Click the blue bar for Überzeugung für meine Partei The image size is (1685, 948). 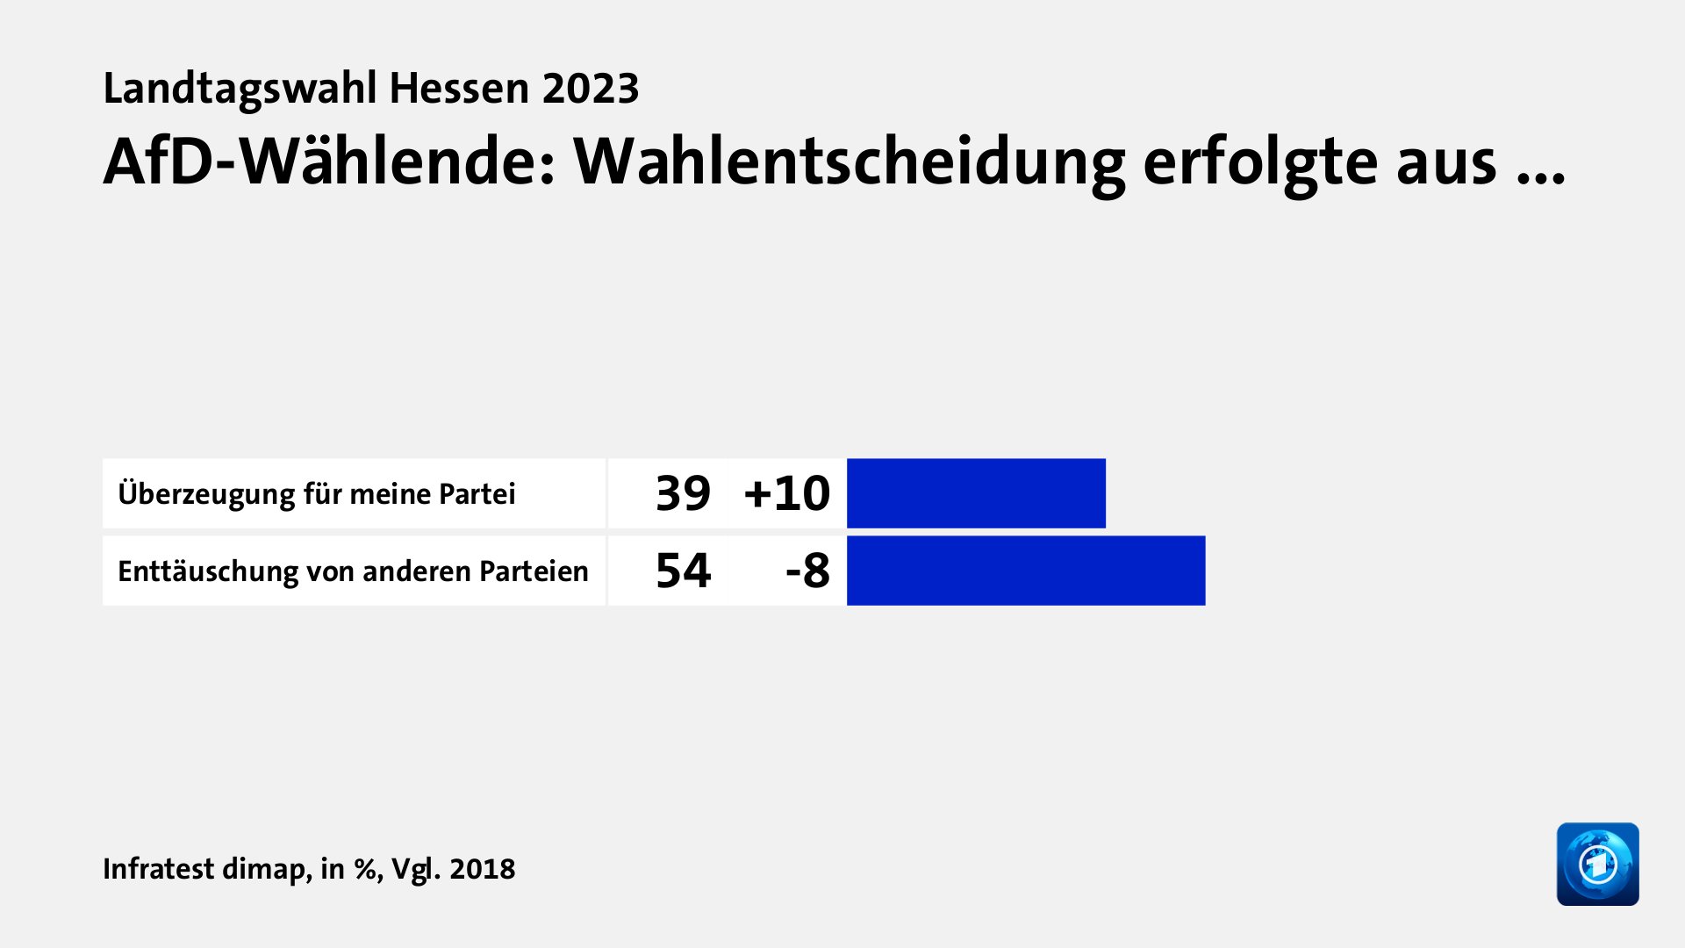976,493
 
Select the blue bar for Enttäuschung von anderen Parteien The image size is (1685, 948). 1026,571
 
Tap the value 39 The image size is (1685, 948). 683,493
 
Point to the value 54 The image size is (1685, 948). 683,571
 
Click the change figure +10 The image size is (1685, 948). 786,493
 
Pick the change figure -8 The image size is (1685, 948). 807,571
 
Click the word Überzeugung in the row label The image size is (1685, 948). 206,494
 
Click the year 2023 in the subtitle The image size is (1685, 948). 591,89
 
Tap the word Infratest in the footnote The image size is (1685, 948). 158,869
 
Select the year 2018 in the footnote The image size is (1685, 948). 482,869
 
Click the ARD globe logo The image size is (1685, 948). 1597,865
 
